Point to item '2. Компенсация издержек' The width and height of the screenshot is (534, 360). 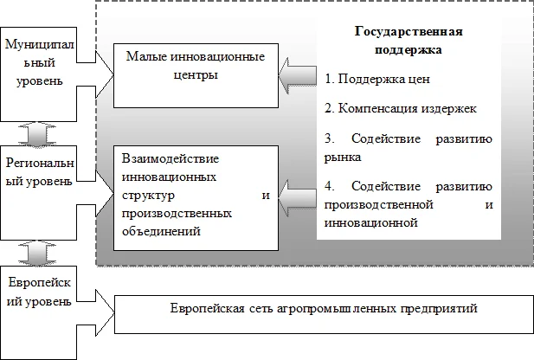click(x=399, y=110)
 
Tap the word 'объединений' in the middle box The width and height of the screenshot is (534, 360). click(x=160, y=231)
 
